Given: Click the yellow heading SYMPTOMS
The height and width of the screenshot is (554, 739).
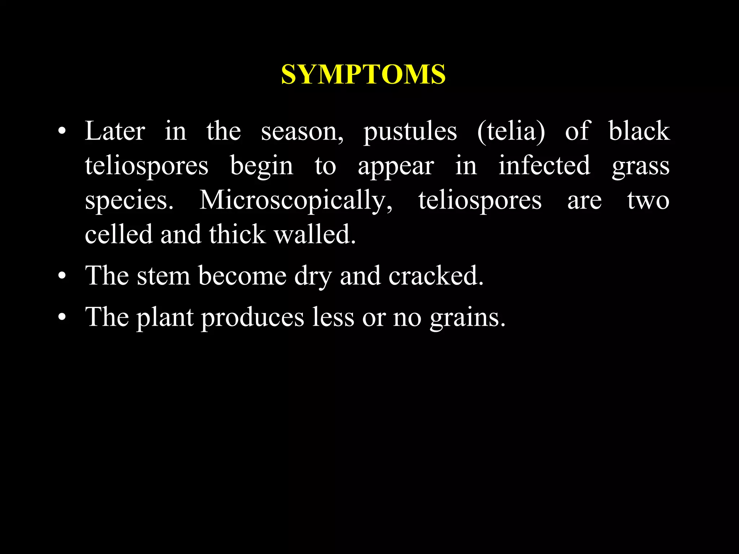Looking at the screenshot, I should [x=363, y=75].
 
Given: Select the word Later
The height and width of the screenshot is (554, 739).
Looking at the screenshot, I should [x=115, y=131].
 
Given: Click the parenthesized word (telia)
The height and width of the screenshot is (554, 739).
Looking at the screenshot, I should [x=511, y=131].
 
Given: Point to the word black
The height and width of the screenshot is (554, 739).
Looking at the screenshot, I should [x=639, y=131].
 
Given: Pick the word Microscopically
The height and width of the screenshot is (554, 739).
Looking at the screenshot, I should [x=296, y=201].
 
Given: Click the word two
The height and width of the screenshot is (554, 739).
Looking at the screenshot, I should [x=648, y=201].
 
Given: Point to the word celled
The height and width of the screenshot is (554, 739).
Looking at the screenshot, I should [x=119, y=234].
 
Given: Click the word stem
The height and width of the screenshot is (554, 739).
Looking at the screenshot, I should [x=163, y=276].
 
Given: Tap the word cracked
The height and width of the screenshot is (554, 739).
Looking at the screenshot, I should [x=436, y=276].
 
